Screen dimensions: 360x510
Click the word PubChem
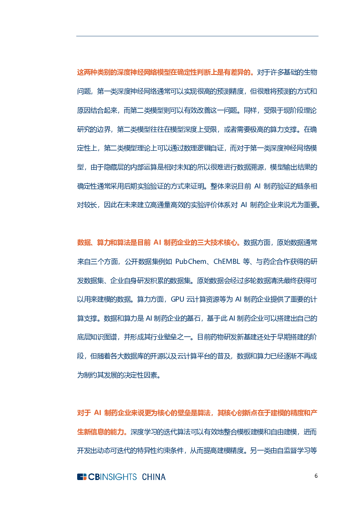coord(191,262)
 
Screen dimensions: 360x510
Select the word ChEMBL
coord(227,262)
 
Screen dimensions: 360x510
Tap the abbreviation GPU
coord(178,299)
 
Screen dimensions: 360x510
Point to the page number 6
coord(316,476)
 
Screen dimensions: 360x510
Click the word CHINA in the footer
coord(154,477)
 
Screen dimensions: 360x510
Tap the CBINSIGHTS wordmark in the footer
coord(113,477)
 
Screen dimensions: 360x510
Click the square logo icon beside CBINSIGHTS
coord(82,477)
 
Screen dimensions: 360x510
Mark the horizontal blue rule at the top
coord(197,36)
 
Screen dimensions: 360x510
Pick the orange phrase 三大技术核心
coord(217,243)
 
